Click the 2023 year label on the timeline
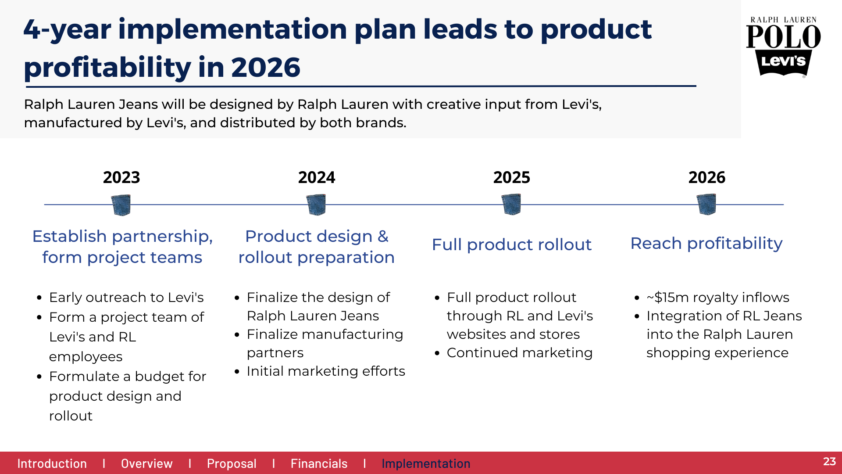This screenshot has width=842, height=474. click(121, 177)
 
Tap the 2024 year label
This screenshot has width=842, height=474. click(317, 177)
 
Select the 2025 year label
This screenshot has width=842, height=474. click(512, 177)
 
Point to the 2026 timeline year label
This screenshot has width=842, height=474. click(707, 177)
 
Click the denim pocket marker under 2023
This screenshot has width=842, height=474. click(121, 205)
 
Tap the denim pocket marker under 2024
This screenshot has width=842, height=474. click(316, 205)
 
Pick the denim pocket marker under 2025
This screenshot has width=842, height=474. click(511, 205)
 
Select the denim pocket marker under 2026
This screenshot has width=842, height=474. click(706, 205)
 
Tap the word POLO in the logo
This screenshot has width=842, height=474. click(784, 36)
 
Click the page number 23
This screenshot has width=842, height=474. click(829, 461)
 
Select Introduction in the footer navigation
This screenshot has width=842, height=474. click(52, 463)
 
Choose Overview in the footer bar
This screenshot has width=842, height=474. click(147, 463)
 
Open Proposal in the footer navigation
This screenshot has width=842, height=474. click(232, 464)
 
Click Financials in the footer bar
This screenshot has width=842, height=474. click(319, 463)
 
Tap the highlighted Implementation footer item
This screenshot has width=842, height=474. click(426, 464)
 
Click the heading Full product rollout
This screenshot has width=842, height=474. click(512, 244)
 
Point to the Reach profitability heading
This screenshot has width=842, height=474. click(706, 244)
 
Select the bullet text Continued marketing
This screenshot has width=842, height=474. click(520, 353)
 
